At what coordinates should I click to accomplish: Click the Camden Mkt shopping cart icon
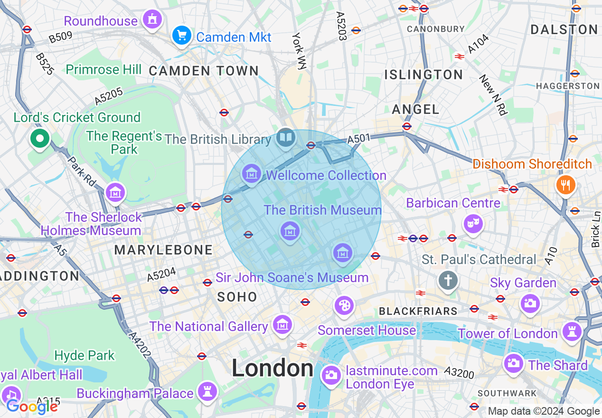point(181,35)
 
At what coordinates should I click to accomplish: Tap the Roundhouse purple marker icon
point(152,19)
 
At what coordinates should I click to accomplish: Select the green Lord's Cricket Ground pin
point(40,139)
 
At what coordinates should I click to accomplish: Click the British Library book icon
point(285,138)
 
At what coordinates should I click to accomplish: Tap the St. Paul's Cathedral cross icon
point(448,279)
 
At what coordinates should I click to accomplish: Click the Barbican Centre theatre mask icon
point(473,223)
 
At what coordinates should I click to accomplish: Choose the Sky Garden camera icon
point(530,303)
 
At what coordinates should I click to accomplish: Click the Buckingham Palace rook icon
point(207,391)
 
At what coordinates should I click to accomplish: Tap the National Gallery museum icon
point(282,325)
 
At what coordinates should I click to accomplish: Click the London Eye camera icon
point(330,375)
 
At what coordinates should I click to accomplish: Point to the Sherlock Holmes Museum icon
point(115,193)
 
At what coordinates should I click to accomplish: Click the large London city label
point(273,368)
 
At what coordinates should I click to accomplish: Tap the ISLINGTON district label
point(423,75)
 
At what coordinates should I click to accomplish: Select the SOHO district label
point(237,297)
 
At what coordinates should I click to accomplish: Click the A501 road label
point(358,139)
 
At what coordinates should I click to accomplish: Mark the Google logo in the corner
point(31,407)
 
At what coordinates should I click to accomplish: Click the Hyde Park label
point(85,355)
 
